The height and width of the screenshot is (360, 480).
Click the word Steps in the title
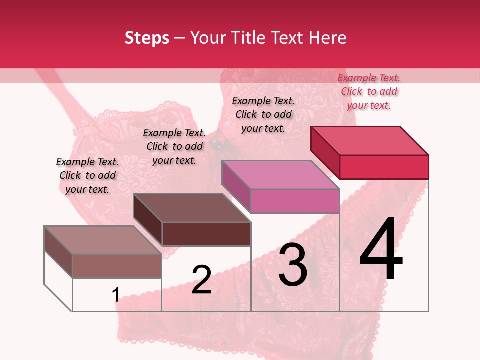click(x=147, y=38)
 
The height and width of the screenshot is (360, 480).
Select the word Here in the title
click(x=328, y=38)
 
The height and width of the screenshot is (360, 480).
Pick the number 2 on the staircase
click(x=201, y=280)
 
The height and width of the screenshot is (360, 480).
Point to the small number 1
click(x=115, y=295)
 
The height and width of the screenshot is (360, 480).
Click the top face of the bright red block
click(x=370, y=140)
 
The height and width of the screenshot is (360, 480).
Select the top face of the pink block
click(x=280, y=175)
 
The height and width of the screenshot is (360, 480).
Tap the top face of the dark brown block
click(x=192, y=208)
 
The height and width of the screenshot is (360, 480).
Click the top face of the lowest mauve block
click(x=103, y=240)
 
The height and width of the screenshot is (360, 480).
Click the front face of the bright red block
click(x=384, y=167)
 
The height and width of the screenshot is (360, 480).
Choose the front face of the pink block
click(x=295, y=201)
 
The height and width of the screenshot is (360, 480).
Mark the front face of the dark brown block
click(x=206, y=234)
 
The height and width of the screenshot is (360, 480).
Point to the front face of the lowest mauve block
click(x=117, y=266)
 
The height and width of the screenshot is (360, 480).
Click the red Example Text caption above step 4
click(x=369, y=91)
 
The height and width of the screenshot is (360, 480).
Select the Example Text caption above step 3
click(x=263, y=114)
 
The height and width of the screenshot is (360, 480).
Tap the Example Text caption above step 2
click(x=174, y=146)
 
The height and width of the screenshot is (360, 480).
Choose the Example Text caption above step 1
click(x=87, y=175)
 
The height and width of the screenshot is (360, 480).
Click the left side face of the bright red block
click(x=325, y=152)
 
